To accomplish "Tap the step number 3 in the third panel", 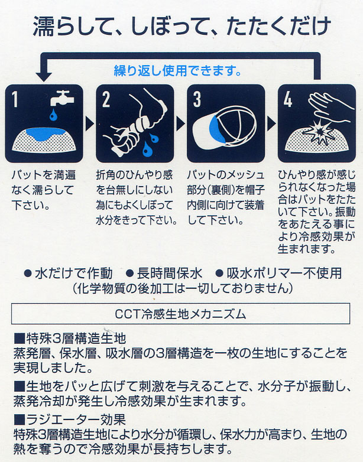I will [x=197, y=100].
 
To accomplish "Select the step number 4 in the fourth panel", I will [x=288, y=100].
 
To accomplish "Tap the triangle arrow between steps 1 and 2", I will [x=88, y=123].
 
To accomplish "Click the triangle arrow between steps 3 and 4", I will [x=271, y=123].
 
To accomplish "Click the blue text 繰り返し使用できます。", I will [x=177, y=72].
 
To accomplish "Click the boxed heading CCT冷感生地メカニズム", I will [x=180, y=314].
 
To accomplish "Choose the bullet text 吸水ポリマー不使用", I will [x=284, y=273].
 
